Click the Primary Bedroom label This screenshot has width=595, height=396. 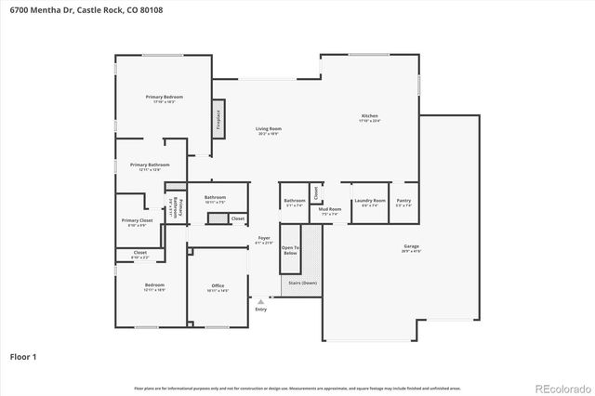(x=164, y=97)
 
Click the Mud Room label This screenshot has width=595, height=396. (x=330, y=209)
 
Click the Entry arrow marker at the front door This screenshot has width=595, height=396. (x=261, y=301)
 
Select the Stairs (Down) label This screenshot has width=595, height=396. (x=303, y=283)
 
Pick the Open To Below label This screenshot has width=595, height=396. (x=291, y=248)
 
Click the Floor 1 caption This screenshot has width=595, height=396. (x=23, y=356)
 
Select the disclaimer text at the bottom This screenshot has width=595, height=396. (x=297, y=388)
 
